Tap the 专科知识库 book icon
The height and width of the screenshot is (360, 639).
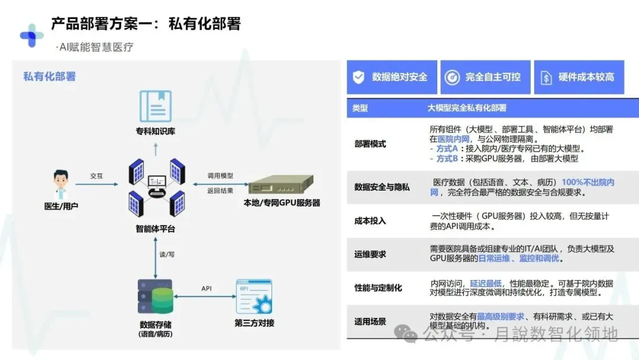pyautogui.click(x=156, y=107)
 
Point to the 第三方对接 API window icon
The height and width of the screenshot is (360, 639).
pyautogui.click(x=254, y=297)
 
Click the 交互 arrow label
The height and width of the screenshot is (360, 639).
pyautogui.click(x=96, y=176)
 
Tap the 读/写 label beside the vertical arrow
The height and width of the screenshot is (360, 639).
pyautogui.click(x=167, y=254)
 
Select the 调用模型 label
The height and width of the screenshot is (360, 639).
pyautogui.click(x=220, y=176)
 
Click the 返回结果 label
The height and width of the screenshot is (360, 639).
pyautogui.click(x=220, y=191)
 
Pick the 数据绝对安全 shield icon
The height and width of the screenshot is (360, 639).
pyautogui.click(x=359, y=77)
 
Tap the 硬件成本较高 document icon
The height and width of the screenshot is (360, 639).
pyautogui.click(x=546, y=78)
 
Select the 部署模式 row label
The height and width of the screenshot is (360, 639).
pyautogui.click(x=370, y=144)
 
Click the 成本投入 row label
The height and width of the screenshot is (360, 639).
pyautogui.click(x=370, y=220)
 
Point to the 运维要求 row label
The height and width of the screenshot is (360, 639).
pyautogui.click(x=370, y=254)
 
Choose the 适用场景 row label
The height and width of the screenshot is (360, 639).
pyautogui.click(x=370, y=322)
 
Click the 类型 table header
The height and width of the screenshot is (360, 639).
pyautogui.click(x=360, y=108)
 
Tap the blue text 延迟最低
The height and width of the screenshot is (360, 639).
pyautogui.click(x=486, y=284)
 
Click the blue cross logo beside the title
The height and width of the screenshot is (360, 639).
pyautogui.click(x=31, y=36)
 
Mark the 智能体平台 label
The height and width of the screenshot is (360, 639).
pyautogui.click(x=156, y=229)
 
